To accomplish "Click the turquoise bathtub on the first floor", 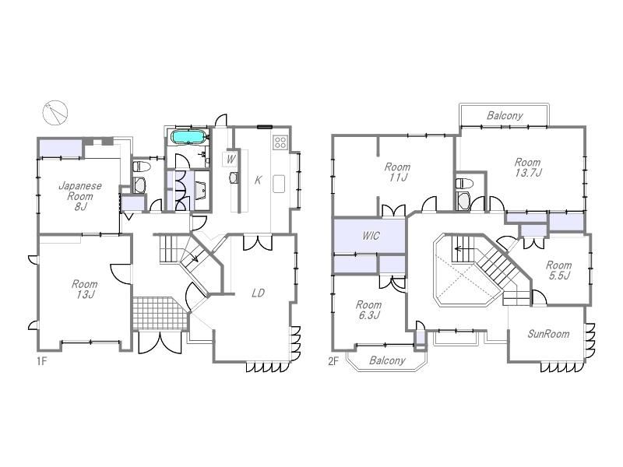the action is click(188, 137).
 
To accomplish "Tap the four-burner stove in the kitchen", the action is click(280, 142).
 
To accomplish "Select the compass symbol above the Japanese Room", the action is click(55, 113).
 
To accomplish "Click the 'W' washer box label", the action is click(231, 160).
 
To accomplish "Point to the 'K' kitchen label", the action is click(258, 181).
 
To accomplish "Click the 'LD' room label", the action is click(259, 293).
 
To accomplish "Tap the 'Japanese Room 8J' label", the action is click(80, 196).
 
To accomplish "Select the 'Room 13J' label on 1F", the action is click(84, 289).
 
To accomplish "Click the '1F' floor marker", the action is click(42, 361).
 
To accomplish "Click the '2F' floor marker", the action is click(333, 361).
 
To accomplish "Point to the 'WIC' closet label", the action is click(371, 236).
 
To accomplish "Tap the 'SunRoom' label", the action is click(548, 334).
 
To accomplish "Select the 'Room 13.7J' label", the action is click(528, 167).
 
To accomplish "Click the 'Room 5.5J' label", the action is click(558, 270).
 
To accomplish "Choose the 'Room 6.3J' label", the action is click(368, 310).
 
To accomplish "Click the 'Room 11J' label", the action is click(397, 172).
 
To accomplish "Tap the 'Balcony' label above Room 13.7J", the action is click(505, 115).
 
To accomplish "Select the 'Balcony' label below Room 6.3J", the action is click(387, 360).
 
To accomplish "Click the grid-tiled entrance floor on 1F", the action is click(160, 313).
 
